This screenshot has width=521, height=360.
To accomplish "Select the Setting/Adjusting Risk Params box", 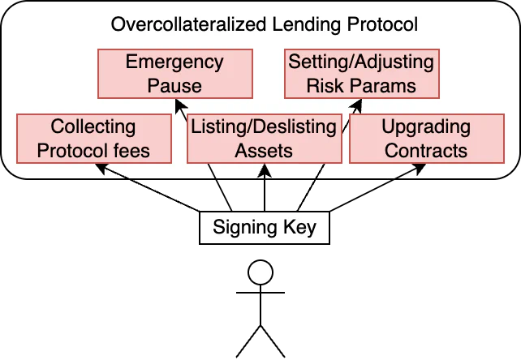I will click(361, 73).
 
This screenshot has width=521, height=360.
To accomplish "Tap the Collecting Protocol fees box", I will click(93, 138).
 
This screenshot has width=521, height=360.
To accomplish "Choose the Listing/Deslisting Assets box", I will click(263, 138).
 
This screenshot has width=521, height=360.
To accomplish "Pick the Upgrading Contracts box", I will click(426, 138).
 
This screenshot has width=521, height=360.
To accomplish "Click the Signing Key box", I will click(263, 228).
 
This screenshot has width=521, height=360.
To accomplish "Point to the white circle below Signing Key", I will click(260, 273).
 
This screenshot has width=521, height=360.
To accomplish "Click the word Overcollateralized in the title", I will click(174, 24).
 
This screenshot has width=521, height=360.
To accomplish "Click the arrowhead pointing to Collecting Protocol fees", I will click(101, 167).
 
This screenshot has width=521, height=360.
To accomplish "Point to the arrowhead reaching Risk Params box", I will click(354, 102).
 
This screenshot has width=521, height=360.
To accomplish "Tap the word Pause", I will click(174, 84).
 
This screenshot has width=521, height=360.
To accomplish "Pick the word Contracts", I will click(426, 150).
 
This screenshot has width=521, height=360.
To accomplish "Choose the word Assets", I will click(263, 150).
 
